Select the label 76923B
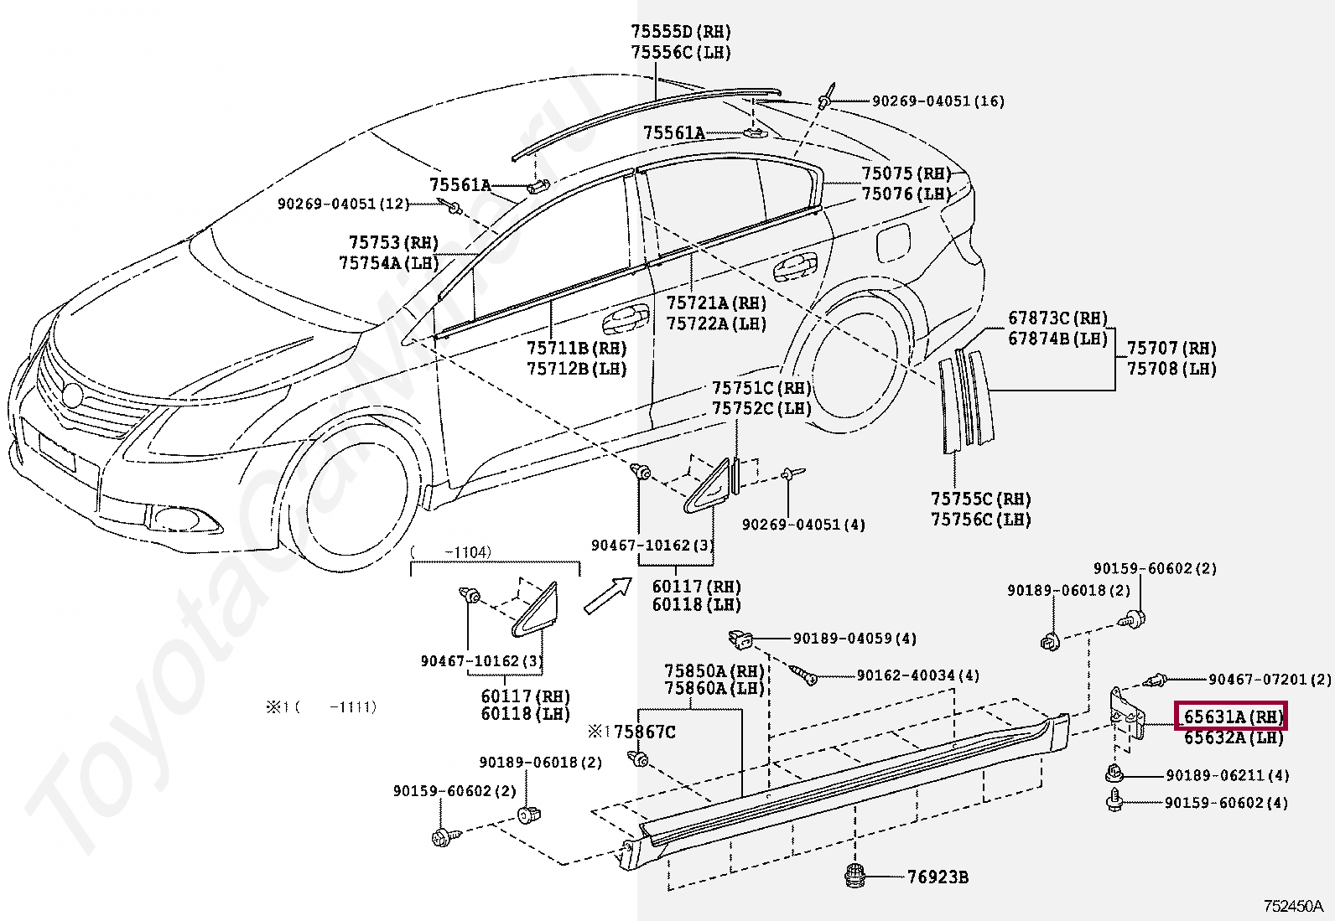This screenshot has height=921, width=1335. (x=938, y=877)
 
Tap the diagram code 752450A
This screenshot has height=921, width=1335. (x=1293, y=906)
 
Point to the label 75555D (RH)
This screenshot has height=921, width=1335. (x=681, y=32)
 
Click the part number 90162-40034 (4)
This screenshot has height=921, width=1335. (x=917, y=675)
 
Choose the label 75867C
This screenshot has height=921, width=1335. (x=645, y=732)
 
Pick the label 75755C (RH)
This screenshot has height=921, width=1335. (x=981, y=499)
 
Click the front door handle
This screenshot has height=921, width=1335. (x=626, y=321)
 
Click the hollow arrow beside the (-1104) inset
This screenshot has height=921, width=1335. (x=607, y=595)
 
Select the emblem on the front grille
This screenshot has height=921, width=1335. (x=72, y=395)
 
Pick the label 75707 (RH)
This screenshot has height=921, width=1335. (x=1171, y=348)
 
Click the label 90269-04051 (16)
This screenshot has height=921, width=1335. (x=938, y=102)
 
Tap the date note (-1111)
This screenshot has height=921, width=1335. (x=336, y=707)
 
